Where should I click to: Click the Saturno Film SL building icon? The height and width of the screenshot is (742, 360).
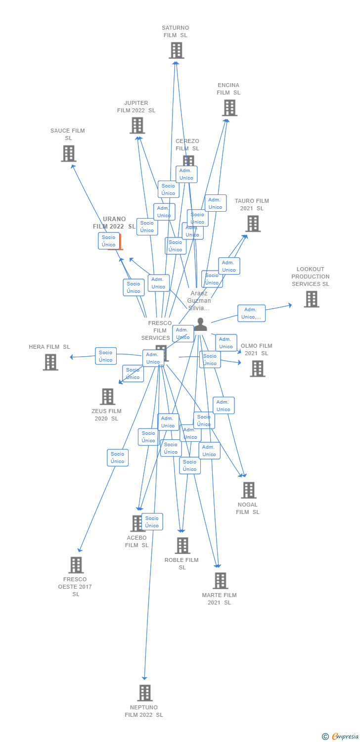176,50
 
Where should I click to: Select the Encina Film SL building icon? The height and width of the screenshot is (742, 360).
229,108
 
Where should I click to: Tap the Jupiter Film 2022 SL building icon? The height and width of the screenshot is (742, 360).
137,126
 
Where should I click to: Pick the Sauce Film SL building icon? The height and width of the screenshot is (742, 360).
69,153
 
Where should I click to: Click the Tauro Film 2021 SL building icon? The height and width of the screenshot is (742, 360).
253,224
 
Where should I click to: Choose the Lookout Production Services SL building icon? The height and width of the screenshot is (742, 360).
311,299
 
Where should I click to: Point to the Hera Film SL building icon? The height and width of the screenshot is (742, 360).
50,362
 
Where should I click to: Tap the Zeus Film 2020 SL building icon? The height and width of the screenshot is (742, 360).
107,396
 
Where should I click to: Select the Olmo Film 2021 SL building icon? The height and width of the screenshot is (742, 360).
257,369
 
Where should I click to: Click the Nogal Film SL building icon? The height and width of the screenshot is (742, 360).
248,490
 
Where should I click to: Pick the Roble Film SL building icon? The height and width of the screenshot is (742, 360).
182,545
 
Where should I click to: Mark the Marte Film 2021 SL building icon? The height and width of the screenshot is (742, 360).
220,580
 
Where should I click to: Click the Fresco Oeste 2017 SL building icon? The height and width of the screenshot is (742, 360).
76,565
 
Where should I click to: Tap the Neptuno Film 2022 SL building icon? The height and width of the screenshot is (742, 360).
144,693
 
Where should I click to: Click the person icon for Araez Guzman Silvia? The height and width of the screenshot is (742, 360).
200,325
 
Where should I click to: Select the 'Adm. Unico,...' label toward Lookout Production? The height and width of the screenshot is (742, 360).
251,313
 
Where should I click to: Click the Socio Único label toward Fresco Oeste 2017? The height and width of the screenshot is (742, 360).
118,458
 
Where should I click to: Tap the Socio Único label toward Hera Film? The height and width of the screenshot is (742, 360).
106,356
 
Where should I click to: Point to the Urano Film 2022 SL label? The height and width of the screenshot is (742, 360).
114,223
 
